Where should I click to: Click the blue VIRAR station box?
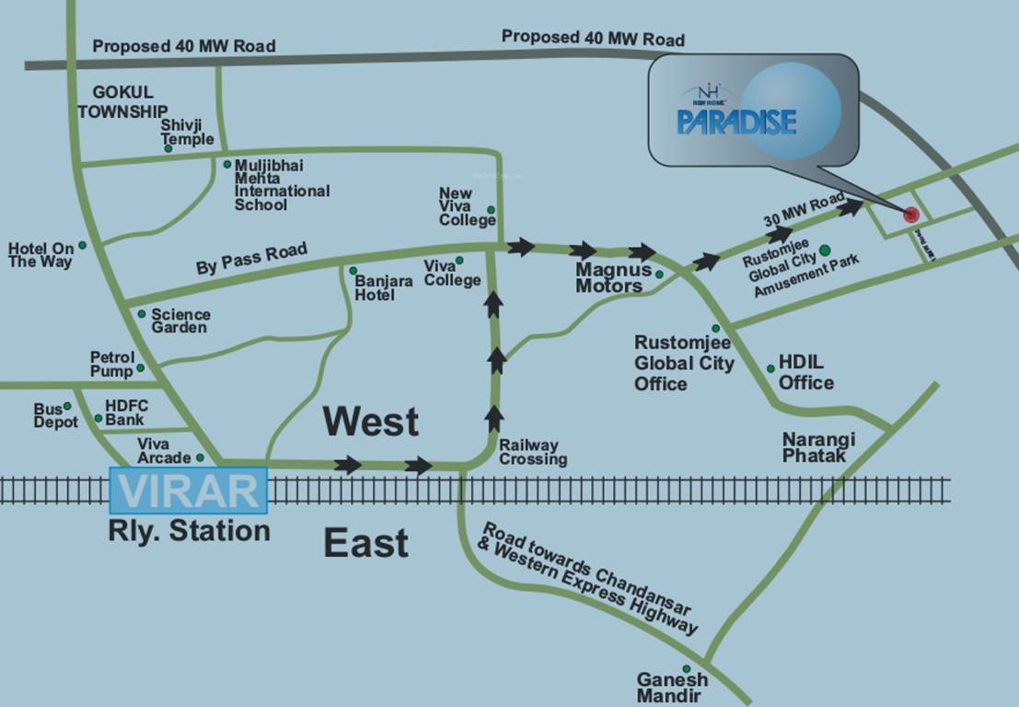(189, 490)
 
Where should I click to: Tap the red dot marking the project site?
(911, 214)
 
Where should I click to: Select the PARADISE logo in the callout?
(736, 121)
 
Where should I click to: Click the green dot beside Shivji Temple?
(168, 147)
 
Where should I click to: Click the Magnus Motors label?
(609, 278)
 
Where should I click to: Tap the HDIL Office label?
(806, 372)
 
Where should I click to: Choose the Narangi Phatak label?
(818, 447)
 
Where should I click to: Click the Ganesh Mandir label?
(672, 688)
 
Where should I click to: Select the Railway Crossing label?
(533, 452)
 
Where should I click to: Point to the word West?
(370, 422)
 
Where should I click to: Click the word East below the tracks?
(365, 544)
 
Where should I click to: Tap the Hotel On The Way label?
(41, 255)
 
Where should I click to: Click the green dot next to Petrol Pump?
(141, 368)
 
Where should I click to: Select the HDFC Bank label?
(126, 411)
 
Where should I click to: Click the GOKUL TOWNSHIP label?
(122, 101)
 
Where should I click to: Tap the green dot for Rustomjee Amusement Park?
(825, 249)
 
